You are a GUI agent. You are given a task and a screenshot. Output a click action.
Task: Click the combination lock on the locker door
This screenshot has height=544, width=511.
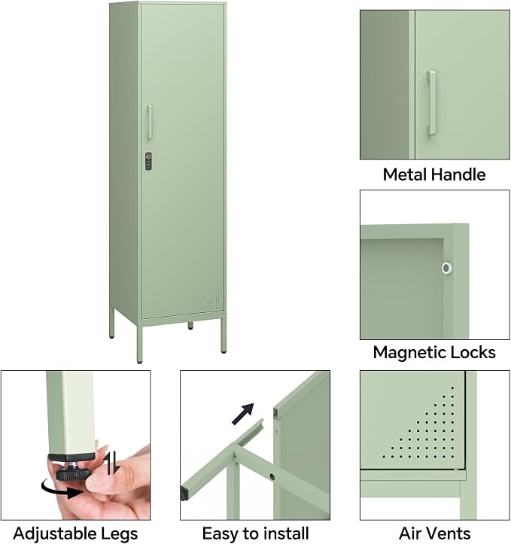(x=148, y=161)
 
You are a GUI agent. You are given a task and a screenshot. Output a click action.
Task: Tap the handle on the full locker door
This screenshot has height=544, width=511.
(x=149, y=121)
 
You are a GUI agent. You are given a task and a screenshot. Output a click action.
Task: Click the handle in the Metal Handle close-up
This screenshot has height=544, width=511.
(x=431, y=103)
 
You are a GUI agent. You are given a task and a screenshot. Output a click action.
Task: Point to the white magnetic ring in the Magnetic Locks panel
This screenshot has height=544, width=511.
(x=447, y=268)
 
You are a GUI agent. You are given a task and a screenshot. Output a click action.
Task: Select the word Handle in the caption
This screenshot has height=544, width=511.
(x=456, y=174)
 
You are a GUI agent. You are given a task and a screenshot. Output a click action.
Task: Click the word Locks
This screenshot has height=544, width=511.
(x=468, y=352)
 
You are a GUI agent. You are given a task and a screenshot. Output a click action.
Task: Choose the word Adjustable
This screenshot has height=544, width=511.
(x=50, y=534)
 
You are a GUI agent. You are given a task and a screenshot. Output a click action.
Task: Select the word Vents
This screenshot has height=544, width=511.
(x=449, y=533)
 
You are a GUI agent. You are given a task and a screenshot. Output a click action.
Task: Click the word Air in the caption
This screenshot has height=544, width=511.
(x=410, y=533)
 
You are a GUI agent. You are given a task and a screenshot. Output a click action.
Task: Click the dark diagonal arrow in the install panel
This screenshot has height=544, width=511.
(x=243, y=414)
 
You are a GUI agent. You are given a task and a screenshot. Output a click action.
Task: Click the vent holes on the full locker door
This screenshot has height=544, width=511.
(x=213, y=299)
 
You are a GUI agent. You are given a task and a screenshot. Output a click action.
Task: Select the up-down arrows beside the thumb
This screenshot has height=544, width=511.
(x=113, y=463)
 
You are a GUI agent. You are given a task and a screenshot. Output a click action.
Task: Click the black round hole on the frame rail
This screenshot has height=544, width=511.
(x=272, y=477)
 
